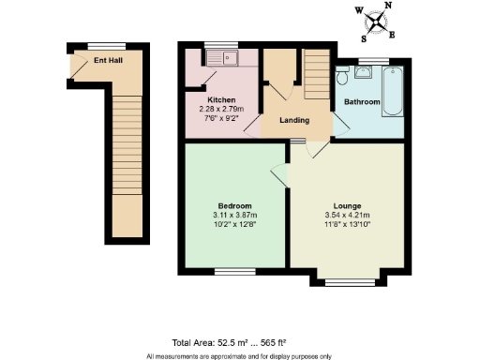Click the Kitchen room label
220,99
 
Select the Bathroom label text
361,100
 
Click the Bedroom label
235,205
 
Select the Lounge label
347,205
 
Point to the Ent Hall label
109,61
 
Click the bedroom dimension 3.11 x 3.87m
235,215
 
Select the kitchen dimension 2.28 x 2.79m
220,109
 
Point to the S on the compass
364,38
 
